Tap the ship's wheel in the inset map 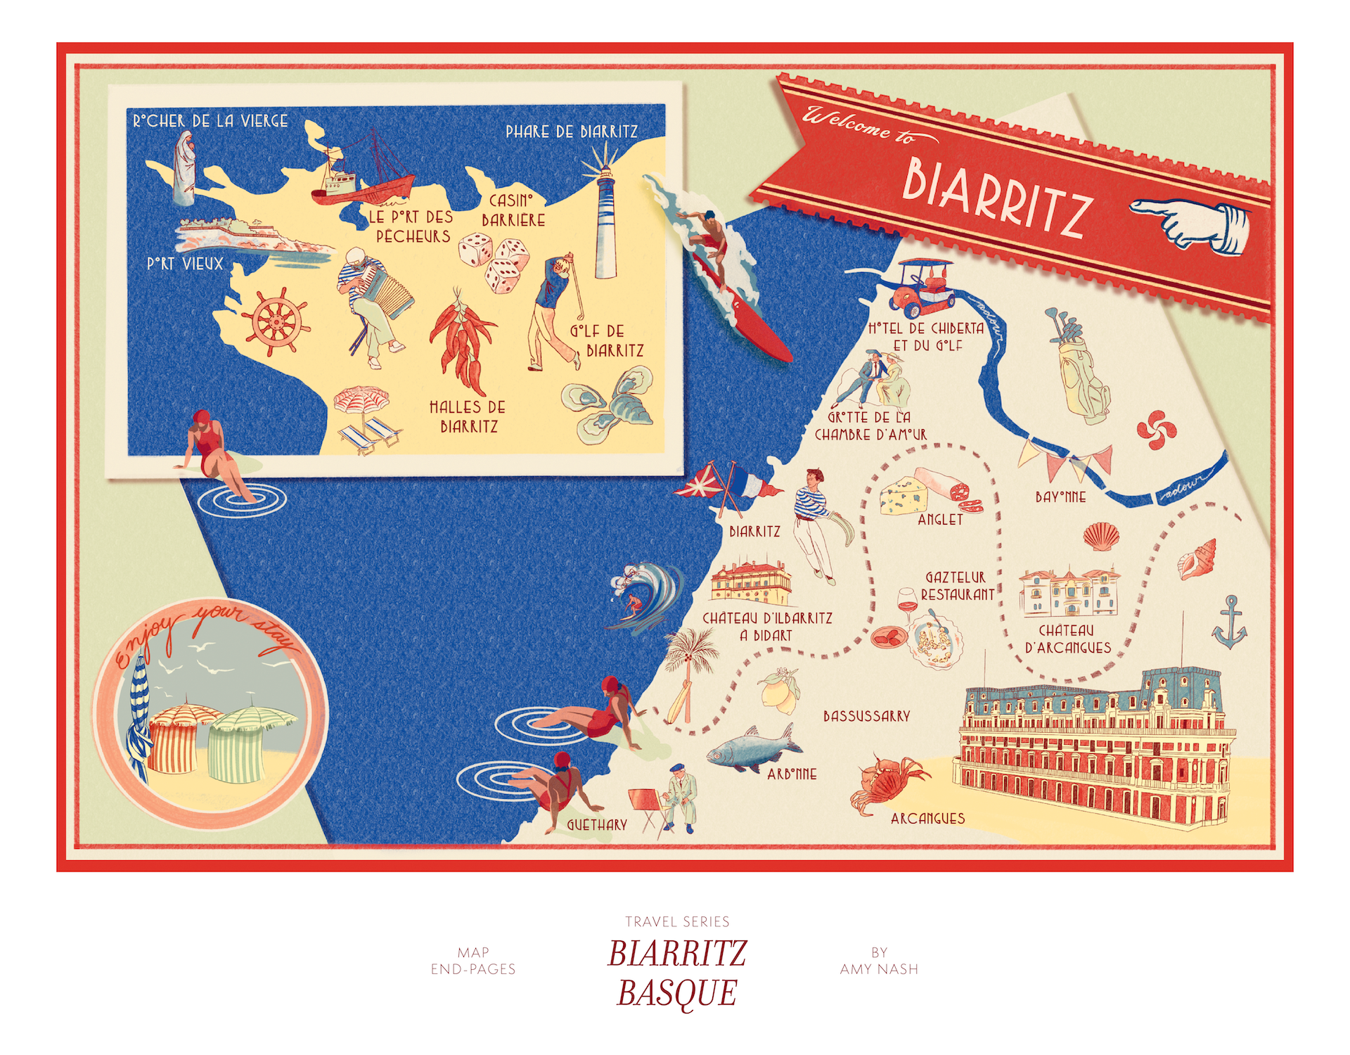(275, 321)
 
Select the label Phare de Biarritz (571, 132)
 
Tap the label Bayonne (1060, 497)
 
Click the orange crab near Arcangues (887, 782)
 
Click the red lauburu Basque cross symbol (1156, 430)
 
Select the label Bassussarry (866, 716)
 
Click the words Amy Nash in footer (879, 969)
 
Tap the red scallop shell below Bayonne (1100, 537)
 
